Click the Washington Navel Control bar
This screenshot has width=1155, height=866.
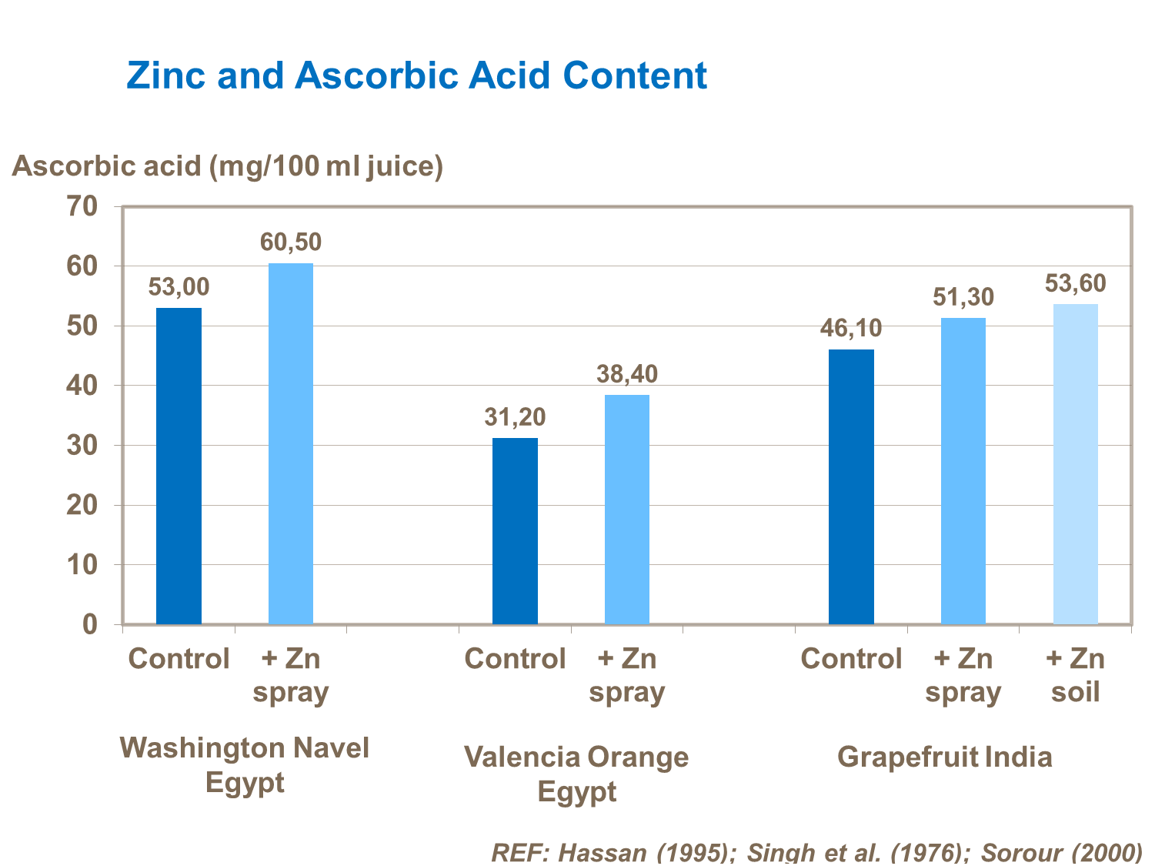click(179, 466)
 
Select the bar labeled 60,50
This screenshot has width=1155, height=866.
click(291, 443)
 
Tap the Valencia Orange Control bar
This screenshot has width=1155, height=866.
click(515, 531)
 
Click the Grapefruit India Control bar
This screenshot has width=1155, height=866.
click(851, 486)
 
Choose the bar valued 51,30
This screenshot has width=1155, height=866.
click(963, 471)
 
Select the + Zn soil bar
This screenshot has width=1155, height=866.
click(1075, 464)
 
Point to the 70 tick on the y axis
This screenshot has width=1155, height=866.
click(82, 206)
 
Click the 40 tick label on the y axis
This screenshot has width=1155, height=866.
click(82, 386)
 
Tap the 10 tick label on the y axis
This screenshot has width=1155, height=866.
click(82, 565)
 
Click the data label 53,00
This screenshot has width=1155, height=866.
click(179, 288)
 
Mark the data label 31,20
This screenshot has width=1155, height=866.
click(515, 417)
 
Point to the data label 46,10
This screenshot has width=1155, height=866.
click(851, 329)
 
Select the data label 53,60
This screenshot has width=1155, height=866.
click(1075, 284)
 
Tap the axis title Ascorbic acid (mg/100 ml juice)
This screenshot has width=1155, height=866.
click(228, 166)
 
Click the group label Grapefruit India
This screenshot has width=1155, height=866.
click(944, 757)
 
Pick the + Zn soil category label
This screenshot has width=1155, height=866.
click(1075, 675)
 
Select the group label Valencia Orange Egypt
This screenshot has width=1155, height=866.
click(576, 774)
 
